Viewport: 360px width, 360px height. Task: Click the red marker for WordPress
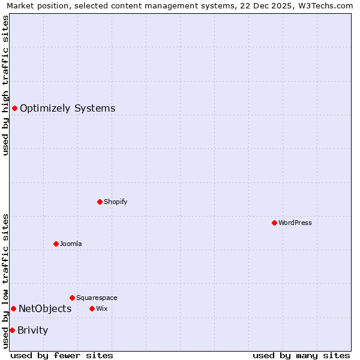point(274,223)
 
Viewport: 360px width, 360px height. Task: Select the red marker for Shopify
point(100,202)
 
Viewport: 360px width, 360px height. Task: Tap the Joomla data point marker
point(56,244)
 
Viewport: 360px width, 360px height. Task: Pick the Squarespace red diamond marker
point(72,298)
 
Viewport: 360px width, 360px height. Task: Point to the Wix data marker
point(92,308)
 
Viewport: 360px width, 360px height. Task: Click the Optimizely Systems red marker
point(14,108)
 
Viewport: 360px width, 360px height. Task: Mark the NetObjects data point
point(13,308)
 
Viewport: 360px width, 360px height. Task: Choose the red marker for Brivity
point(12,330)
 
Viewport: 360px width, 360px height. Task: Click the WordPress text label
point(295,223)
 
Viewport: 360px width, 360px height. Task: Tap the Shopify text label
point(116,202)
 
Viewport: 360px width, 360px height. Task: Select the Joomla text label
point(71,244)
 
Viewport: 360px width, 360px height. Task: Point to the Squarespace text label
point(97,298)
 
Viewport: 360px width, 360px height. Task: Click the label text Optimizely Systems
point(67,109)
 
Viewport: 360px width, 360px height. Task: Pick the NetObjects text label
point(45,309)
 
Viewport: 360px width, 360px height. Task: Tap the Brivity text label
point(33,331)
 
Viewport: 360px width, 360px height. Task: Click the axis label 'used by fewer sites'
point(62,355)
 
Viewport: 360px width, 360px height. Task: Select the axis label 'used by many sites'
point(301,355)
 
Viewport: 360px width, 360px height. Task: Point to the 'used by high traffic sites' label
point(5,85)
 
